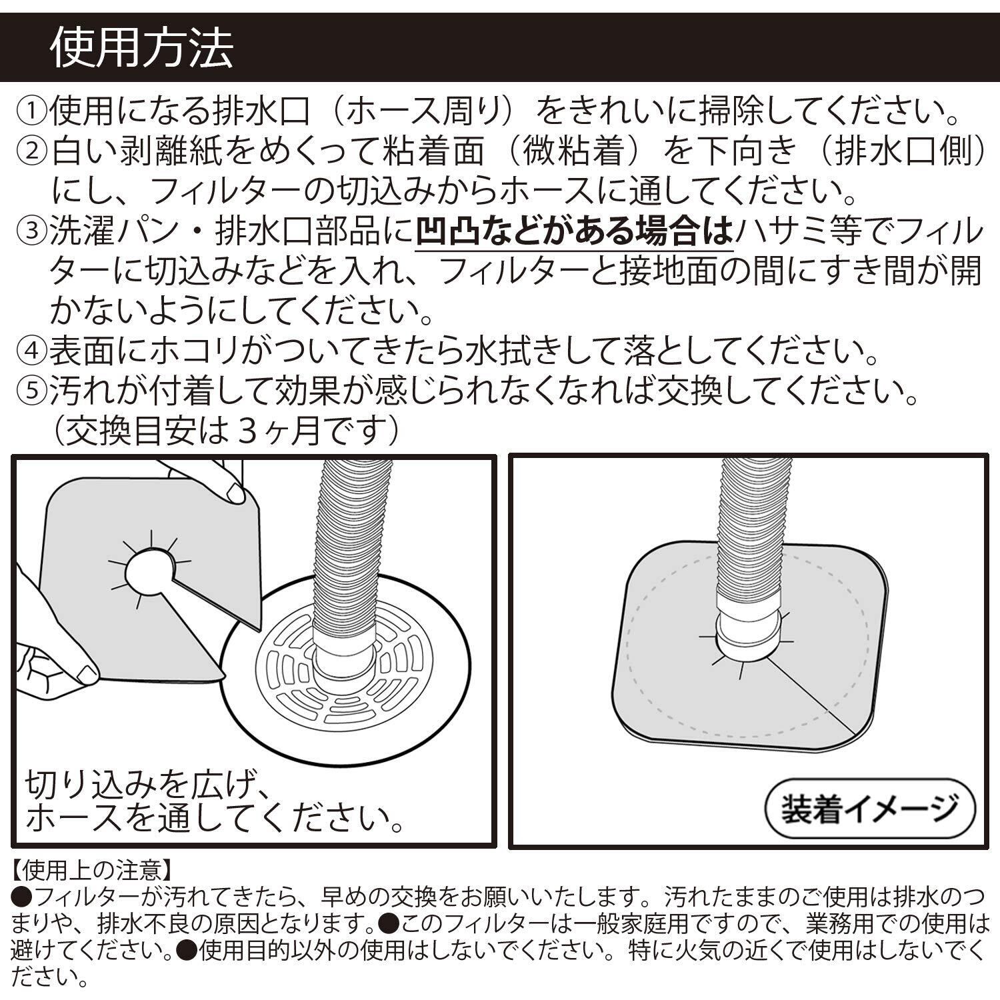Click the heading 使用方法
coord(142,48)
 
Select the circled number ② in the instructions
coord(31,153)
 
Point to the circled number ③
coord(31,233)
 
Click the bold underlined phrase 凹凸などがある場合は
coord(574,233)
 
